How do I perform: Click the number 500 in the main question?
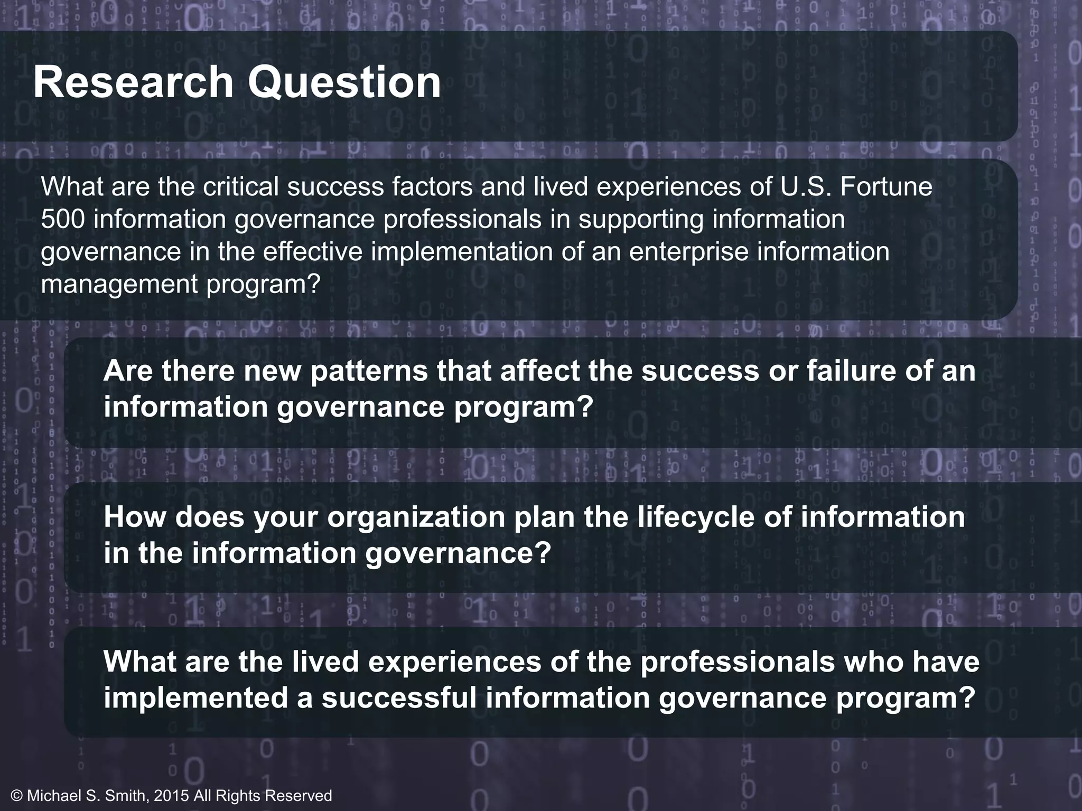point(62,220)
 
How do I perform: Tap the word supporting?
point(641,220)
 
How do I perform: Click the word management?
point(119,285)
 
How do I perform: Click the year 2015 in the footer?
point(170,796)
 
